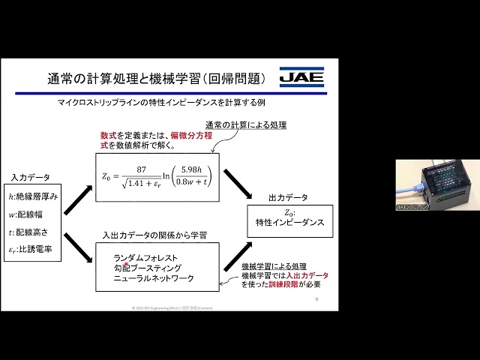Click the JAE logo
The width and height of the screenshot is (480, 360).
[301, 76]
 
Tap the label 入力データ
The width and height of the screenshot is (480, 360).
[30, 178]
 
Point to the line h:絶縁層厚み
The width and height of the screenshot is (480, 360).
[33, 196]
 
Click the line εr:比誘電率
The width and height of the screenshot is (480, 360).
[32, 248]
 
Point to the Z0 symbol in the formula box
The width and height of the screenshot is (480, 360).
[108, 177]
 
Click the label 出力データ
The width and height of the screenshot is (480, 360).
[288, 198]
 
